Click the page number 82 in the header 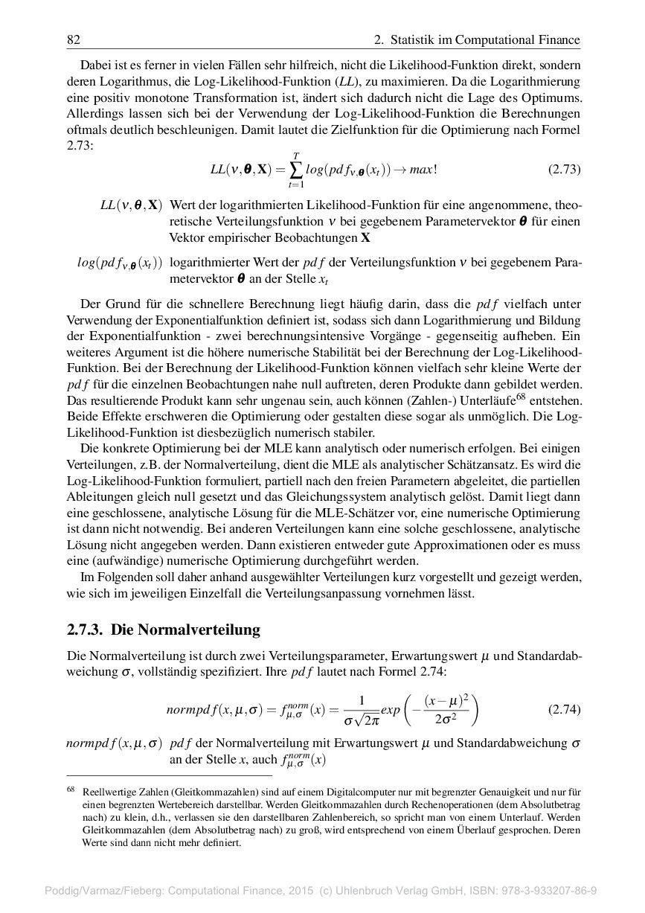pyautogui.click(x=73, y=39)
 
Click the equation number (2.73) pyautogui.click(x=564, y=169)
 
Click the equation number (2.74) pyautogui.click(x=564, y=709)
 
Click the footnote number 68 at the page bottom pyautogui.click(x=71, y=793)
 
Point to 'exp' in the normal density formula pyautogui.click(x=390, y=710)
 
